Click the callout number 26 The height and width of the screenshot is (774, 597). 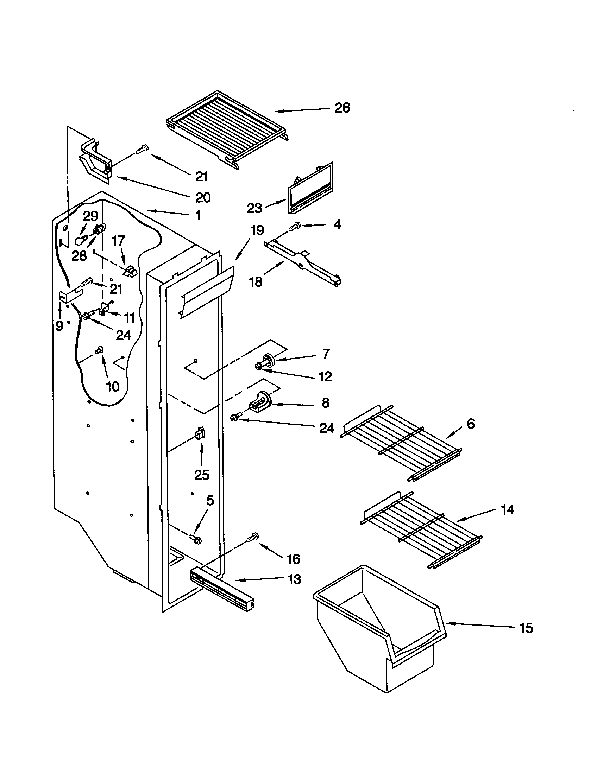point(342,107)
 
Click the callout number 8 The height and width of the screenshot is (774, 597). point(325,403)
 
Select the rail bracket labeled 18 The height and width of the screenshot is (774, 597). point(303,264)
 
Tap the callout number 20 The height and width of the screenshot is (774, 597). point(203,197)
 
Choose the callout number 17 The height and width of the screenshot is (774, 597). point(118,241)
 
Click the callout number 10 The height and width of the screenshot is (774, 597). point(113,386)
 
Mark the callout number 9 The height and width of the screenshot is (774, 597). point(59,325)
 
